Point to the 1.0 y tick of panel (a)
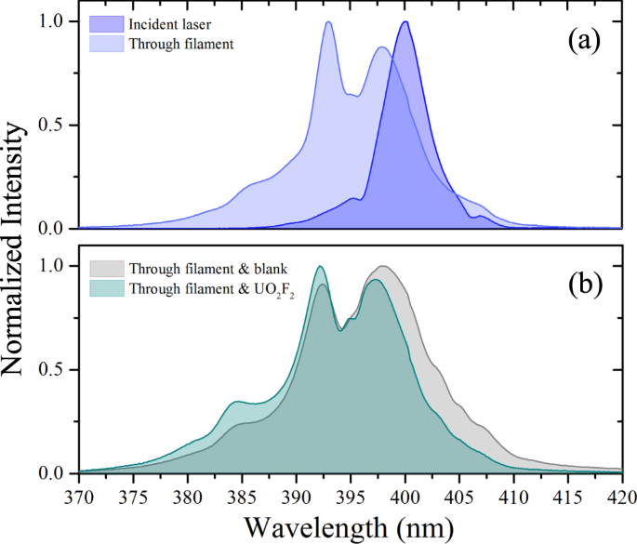(57, 20)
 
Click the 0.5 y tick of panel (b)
(57, 370)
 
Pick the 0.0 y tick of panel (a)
(57, 229)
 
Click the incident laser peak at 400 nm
(405, 21)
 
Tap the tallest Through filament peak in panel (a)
(328, 21)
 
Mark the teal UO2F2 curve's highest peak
(320, 267)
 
